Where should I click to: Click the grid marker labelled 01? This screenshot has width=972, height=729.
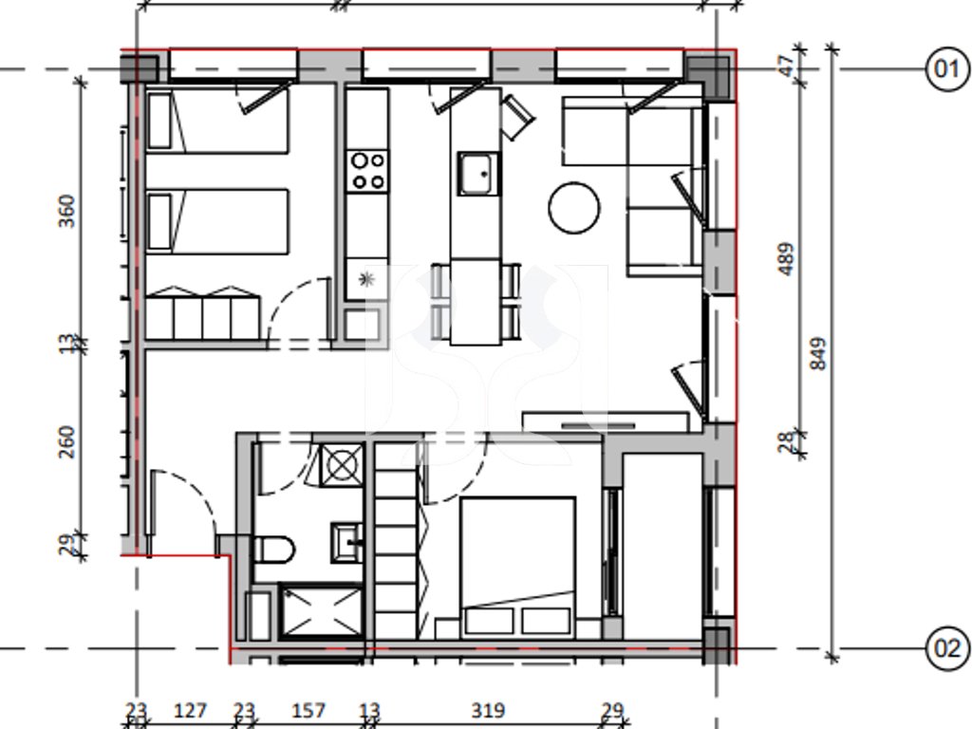946,68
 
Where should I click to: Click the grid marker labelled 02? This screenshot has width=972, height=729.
946,648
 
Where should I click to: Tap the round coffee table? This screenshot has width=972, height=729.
574,208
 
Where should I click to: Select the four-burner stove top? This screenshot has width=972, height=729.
367,171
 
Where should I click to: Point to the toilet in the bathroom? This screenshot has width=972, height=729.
273,550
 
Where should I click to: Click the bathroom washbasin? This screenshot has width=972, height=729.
347,542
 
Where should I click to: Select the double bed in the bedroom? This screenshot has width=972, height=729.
517,568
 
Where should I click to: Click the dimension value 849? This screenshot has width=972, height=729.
818,354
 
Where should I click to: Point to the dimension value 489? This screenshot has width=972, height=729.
785,259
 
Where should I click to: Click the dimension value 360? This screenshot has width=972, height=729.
66,212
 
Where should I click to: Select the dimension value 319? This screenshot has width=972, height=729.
489,710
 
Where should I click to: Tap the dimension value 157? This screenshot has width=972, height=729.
308,710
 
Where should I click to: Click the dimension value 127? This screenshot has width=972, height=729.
190,710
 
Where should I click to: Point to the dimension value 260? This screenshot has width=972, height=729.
66,442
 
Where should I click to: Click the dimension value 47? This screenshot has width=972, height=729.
785,65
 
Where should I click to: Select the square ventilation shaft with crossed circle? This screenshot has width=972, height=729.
342,465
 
